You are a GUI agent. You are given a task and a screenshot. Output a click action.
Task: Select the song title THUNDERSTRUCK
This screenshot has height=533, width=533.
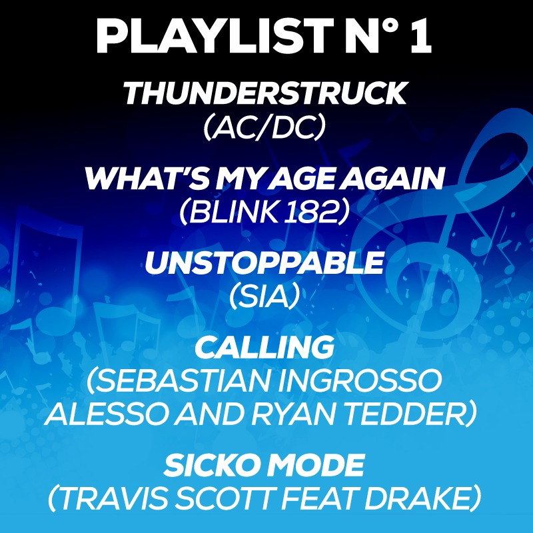[x=265, y=93]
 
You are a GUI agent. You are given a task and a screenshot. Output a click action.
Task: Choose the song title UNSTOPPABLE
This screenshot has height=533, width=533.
[x=265, y=263]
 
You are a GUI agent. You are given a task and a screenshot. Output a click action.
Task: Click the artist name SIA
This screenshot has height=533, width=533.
[x=265, y=297]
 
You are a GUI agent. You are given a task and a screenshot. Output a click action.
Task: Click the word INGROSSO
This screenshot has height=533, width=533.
[x=360, y=380]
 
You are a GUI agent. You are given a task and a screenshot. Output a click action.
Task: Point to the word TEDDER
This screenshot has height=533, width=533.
[x=406, y=414]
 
